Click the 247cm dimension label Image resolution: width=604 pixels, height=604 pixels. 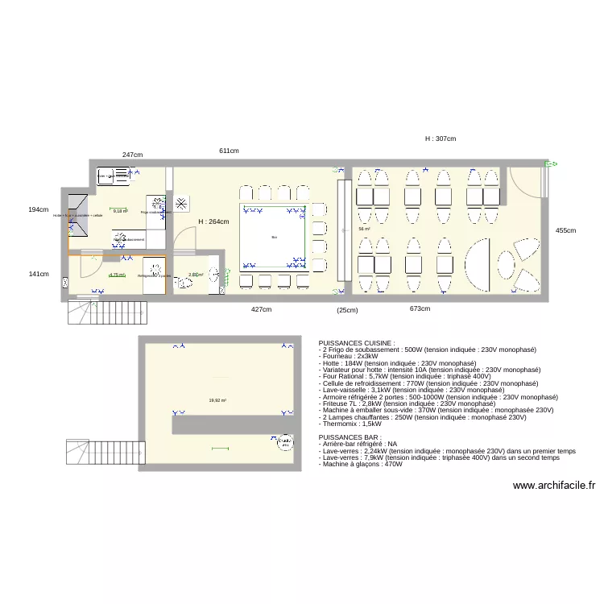coord(133,155)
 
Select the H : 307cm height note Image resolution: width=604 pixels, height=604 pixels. coord(441,139)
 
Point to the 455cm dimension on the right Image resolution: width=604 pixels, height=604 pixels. coord(566,230)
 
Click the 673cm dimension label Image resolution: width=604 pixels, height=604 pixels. coord(420,308)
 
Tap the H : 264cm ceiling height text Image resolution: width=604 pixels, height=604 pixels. coord(214,221)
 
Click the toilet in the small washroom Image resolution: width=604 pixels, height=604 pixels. coord(214,275)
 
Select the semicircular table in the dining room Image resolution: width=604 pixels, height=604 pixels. coord(479,264)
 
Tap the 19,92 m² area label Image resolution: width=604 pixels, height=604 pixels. coord(217,399)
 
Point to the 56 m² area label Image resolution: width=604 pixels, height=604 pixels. coord(364,229)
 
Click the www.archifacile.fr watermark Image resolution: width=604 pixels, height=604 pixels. coord(553,485)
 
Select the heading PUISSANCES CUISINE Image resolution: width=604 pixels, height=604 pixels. coord(358,342)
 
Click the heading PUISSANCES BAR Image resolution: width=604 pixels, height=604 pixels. coord(350,437)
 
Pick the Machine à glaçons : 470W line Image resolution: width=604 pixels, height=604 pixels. coord(361,464)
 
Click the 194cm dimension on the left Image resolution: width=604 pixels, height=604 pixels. coord(39,209)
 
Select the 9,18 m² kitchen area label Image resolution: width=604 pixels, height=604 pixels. coord(120,211)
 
